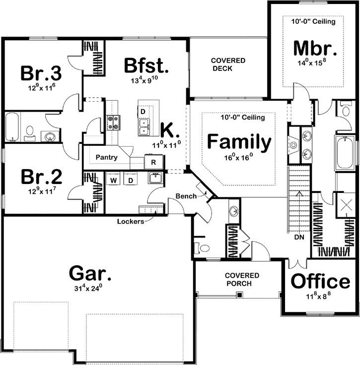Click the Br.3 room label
pos(41,73)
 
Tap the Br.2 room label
pos(41,177)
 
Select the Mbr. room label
pos(316,49)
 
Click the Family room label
pos(239,142)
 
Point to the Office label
pos(320,281)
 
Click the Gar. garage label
pos(90,273)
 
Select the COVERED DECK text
pos(228,64)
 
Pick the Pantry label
pos(107,158)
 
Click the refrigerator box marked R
pos(153,162)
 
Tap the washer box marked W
pos(114,180)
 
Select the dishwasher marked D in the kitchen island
pos(143,112)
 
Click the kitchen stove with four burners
pos(113,122)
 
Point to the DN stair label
pos(298,238)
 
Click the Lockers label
pos(131,221)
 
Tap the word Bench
pos(185,196)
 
